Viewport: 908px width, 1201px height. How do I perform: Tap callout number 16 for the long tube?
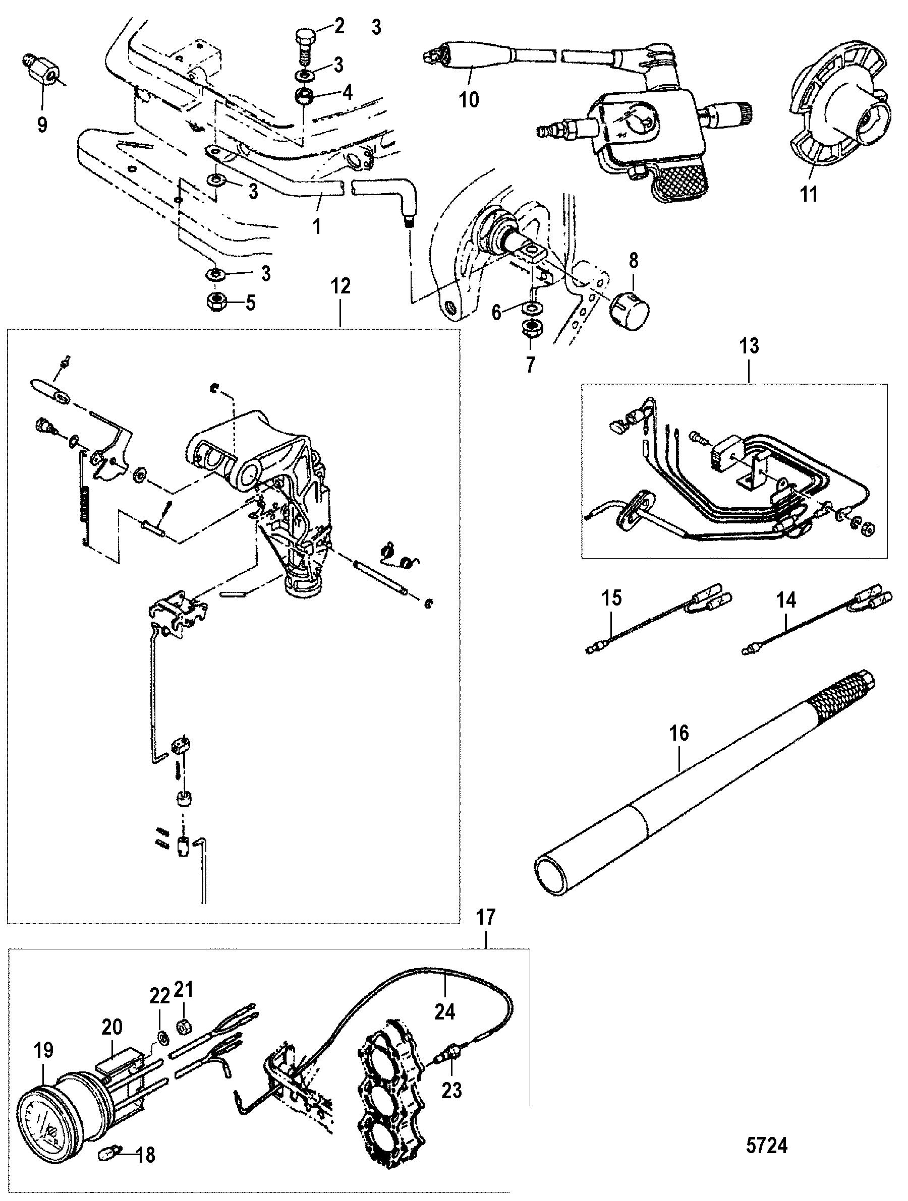679,733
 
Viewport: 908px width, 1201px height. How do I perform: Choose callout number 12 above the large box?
340,287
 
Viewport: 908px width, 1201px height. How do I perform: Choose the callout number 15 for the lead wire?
611,598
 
